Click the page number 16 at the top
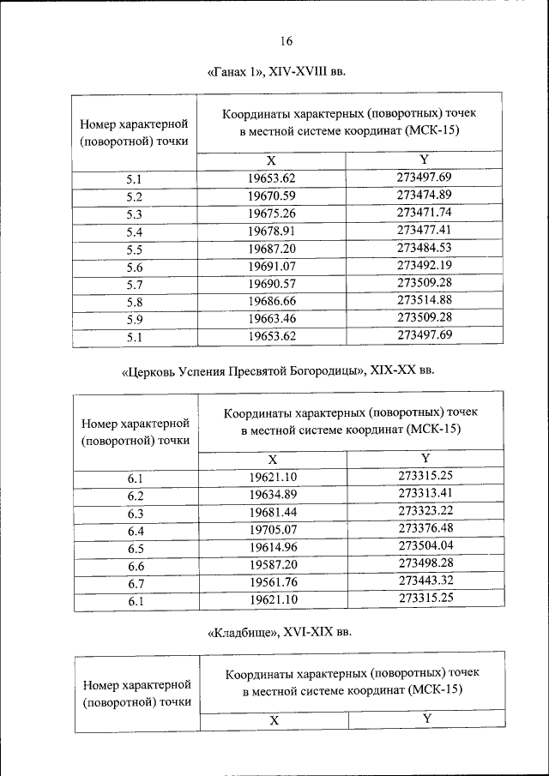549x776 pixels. point(287,41)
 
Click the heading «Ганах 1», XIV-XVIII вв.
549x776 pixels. point(276,72)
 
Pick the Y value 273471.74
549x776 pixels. point(424,211)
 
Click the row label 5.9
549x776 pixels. point(134,319)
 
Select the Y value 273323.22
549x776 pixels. point(425,510)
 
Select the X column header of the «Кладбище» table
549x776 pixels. point(274,722)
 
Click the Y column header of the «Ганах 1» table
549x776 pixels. point(424,159)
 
